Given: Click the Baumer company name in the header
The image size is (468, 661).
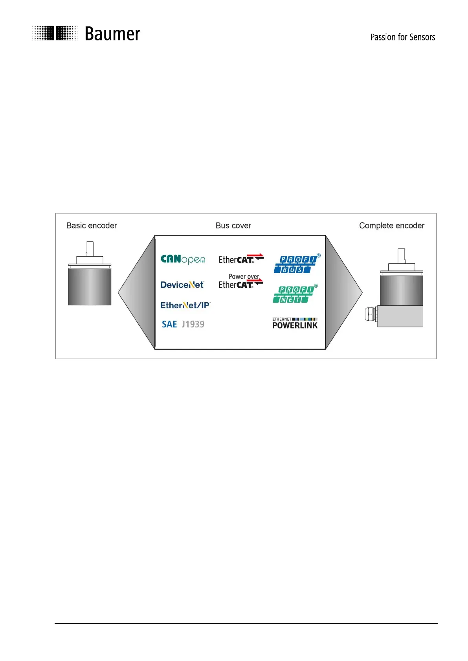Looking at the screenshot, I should pyautogui.click(x=112, y=34).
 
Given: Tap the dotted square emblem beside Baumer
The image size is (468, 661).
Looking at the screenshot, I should pyautogui.click(x=55, y=33).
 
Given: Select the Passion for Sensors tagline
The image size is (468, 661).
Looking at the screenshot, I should pyautogui.click(x=402, y=37).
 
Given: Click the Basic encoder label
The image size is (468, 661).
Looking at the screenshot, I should pyautogui.click(x=92, y=226).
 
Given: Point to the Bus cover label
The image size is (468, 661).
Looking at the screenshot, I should pyautogui.click(x=233, y=226).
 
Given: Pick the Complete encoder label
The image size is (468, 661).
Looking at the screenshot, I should pyautogui.click(x=391, y=226).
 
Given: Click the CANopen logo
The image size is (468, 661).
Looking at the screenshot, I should pyautogui.click(x=183, y=259).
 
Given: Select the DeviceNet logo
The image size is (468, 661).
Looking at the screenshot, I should pyautogui.click(x=182, y=285).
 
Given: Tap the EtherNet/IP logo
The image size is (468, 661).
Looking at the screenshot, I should pyautogui.click(x=185, y=305).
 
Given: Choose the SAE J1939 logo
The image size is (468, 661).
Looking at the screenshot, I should pyautogui.click(x=183, y=324).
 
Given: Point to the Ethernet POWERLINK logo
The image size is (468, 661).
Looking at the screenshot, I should pyautogui.click(x=295, y=323).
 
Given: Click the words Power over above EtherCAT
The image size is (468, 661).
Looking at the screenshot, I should pyautogui.click(x=244, y=277).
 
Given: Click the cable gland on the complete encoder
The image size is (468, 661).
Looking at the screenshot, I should pyautogui.click(x=371, y=315).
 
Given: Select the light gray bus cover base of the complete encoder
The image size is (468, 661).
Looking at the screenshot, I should pyautogui.click(x=400, y=316).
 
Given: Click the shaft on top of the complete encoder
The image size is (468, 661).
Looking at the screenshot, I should pyautogui.click(x=401, y=256).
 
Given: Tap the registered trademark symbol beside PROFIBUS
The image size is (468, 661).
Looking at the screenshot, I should pyautogui.click(x=319, y=256).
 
